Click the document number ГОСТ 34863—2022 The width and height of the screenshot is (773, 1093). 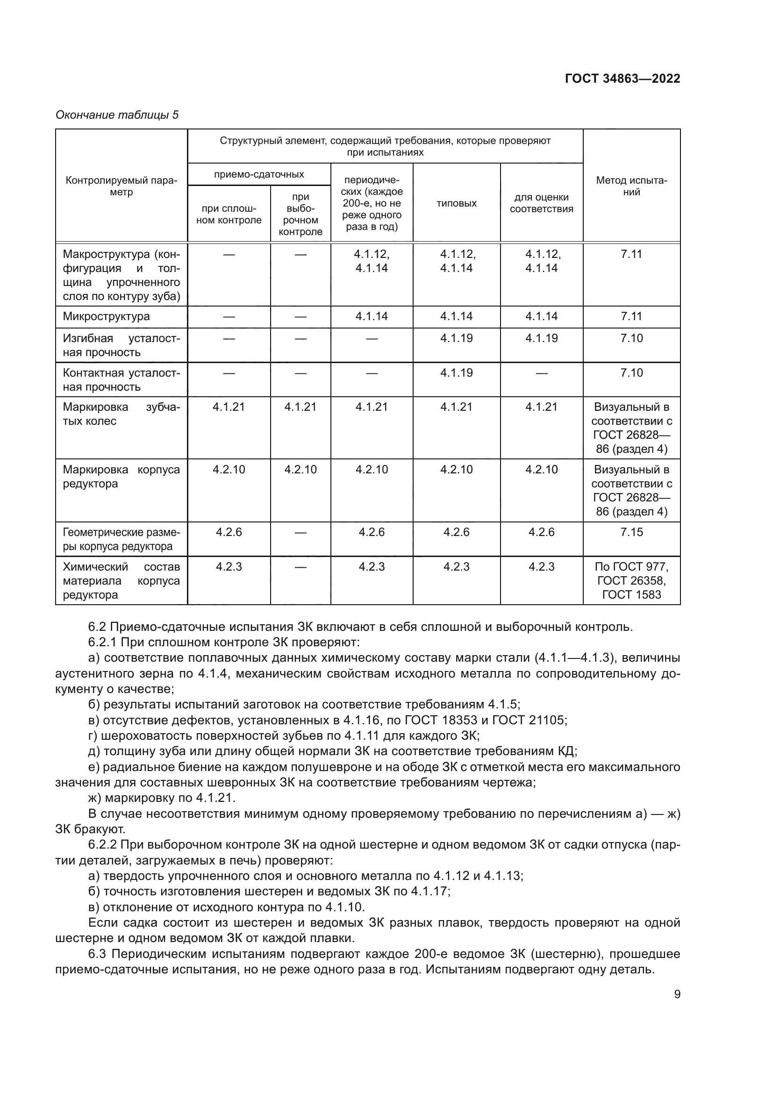pos(622,79)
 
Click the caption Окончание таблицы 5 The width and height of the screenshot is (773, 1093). pos(117,115)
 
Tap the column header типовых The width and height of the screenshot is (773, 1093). pos(456,203)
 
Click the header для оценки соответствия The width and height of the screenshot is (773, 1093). pos(541,203)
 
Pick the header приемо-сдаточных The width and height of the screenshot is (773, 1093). pos(259,174)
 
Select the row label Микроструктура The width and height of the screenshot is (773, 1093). pos(106,316)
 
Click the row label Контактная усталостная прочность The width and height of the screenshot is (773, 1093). pos(122,379)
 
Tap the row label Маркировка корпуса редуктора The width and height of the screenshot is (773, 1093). pos(122,477)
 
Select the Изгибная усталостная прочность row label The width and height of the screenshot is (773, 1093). pos(122,345)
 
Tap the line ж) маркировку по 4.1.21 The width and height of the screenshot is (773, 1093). pos(162,798)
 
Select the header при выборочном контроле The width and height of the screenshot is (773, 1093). pos(301,214)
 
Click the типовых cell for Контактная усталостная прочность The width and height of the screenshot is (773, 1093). pos(456,373)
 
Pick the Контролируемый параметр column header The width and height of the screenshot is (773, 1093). pos(122,186)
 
